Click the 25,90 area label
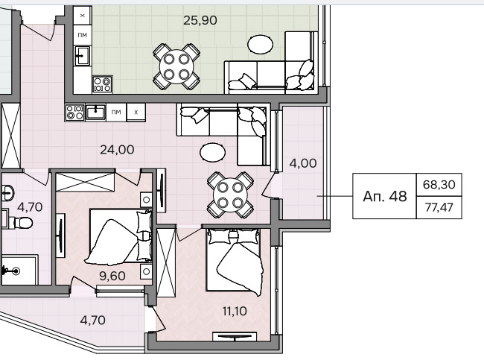click(200, 20)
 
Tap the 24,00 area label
click(117, 150)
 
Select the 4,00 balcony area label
click(303, 163)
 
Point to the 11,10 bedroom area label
click(235, 311)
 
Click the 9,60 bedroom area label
click(112, 276)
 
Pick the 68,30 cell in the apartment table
click(439, 185)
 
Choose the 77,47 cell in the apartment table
click(439, 207)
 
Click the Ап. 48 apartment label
click(385, 196)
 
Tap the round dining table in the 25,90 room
click(176, 67)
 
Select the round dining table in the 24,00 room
click(230, 195)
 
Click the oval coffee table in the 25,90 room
click(260, 44)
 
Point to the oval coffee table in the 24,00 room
click(212, 152)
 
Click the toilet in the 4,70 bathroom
click(19, 223)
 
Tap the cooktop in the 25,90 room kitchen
click(103, 84)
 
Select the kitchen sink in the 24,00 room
click(96, 112)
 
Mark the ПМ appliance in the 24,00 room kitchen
click(116, 112)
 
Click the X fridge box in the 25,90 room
click(83, 16)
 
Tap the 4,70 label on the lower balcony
click(92, 320)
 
